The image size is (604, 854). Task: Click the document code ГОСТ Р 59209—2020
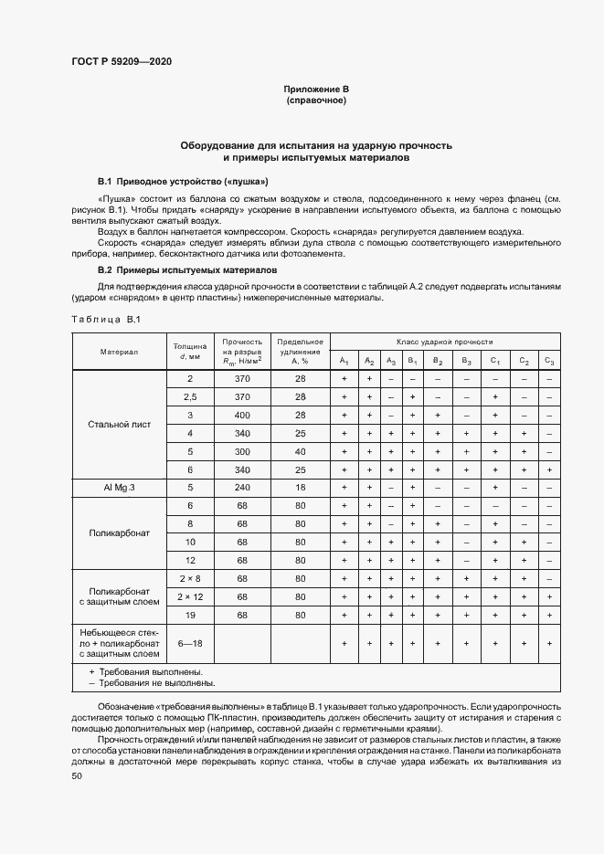coord(122,62)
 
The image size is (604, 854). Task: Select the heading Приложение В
coord(316,89)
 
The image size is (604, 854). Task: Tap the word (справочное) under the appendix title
coord(316,100)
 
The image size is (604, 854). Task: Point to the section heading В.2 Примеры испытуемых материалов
coord(189,270)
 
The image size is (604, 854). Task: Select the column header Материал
coord(119,352)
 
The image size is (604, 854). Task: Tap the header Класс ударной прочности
coord(445,340)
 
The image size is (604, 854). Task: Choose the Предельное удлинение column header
coord(300,352)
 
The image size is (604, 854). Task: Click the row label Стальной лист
coord(119,424)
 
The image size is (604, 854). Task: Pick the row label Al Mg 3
coord(119,488)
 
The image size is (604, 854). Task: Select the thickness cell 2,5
coord(190,396)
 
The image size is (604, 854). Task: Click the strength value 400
coord(242,415)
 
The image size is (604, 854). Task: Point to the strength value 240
coord(242,488)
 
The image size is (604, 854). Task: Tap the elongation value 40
coord(300,451)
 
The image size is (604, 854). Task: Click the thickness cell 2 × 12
coord(190,596)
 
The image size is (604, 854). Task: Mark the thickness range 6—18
coord(190,643)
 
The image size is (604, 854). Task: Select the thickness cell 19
coord(190,615)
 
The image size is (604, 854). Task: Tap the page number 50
coord(77,775)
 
